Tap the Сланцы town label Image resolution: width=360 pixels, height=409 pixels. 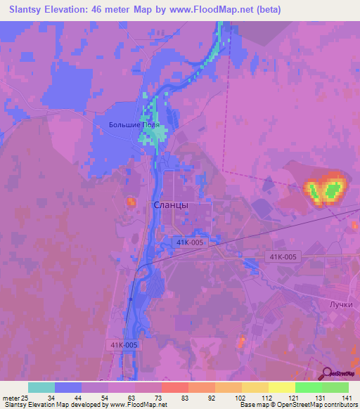pos(170,205)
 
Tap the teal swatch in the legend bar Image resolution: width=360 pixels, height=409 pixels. pos(41,387)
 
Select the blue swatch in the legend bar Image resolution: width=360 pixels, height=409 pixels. pos(68,387)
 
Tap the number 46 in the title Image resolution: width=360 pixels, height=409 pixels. pos(89,10)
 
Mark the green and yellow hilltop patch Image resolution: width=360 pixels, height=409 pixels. pos(325,189)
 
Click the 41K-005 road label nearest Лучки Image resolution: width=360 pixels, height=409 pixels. pos(283,257)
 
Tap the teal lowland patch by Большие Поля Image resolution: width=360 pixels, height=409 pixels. pos(152,127)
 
